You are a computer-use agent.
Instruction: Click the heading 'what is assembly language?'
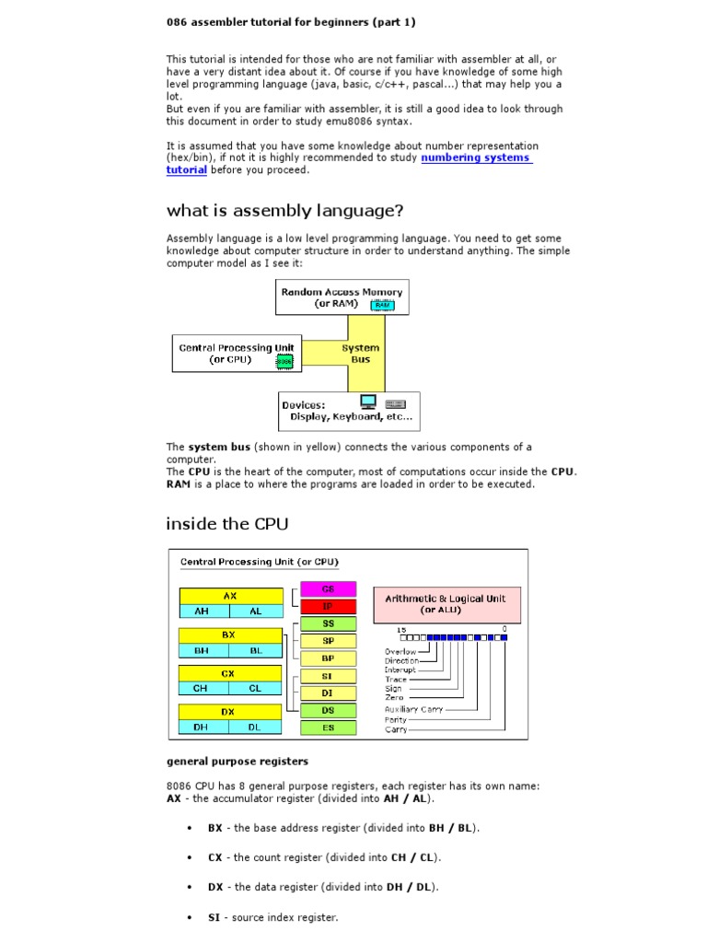[x=284, y=211]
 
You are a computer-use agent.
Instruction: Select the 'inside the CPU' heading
[x=226, y=524]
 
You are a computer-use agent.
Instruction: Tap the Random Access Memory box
[x=342, y=297]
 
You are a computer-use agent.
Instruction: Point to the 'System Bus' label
[x=360, y=354]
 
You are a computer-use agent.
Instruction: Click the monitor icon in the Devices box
[x=368, y=402]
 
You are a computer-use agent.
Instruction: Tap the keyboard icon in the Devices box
[x=396, y=403]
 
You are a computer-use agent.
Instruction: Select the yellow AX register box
[x=230, y=596]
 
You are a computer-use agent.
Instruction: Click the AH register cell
[x=203, y=611]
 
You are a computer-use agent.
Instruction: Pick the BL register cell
[x=256, y=649]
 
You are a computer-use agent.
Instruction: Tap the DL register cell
[x=256, y=727]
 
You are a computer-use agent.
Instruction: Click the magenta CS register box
[x=328, y=588]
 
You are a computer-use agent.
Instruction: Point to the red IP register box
[x=328, y=606]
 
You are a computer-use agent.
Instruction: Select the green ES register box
[x=328, y=728]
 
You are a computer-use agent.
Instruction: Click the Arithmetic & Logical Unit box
[x=446, y=603]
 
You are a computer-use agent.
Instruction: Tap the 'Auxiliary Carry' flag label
[x=413, y=709]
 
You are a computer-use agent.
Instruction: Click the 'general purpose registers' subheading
[x=237, y=762]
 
